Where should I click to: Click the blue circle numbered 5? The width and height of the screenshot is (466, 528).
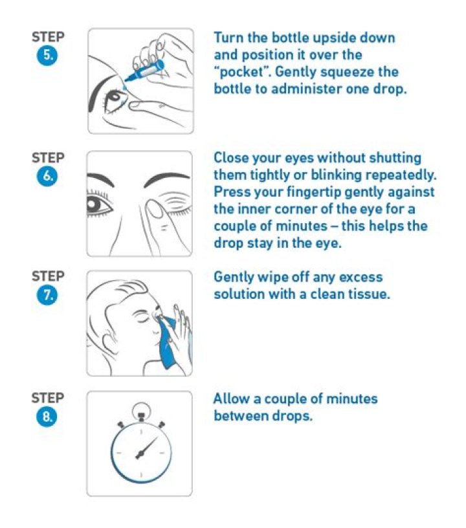click(x=47, y=55)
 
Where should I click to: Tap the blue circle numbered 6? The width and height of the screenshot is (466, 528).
click(x=47, y=176)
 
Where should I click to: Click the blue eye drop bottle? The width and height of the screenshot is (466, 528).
click(x=144, y=71)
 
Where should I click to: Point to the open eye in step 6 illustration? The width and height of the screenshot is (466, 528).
click(x=98, y=204)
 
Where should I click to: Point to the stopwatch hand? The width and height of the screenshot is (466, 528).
click(x=146, y=448)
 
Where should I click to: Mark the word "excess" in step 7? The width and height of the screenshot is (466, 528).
click(x=361, y=278)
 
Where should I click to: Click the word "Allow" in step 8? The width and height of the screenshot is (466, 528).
click(x=232, y=399)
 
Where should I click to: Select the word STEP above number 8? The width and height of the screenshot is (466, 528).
click(x=48, y=398)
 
